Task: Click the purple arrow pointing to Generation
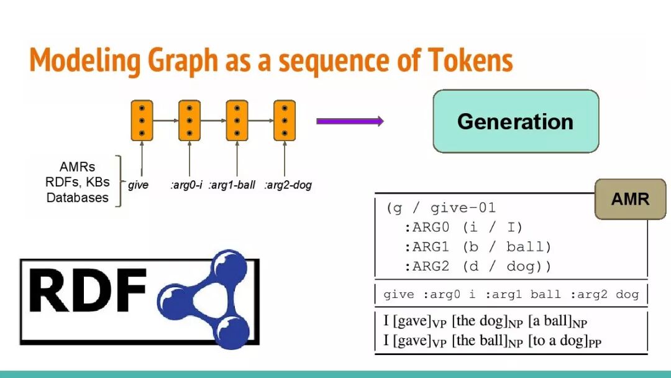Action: click(x=350, y=121)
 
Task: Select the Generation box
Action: click(x=515, y=121)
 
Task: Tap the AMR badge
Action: click(x=630, y=199)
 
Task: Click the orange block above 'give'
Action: click(x=142, y=120)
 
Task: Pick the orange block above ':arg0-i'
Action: click(x=189, y=120)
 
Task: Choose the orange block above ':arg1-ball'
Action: click(x=237, y=120)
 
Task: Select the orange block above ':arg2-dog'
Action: click(x=285, y=120)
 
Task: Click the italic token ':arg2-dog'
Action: click(x=288, y=185)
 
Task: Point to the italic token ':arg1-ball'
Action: click(x=232, y=185)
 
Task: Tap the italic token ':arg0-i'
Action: click(x=186, y=185)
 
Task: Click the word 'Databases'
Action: click(x=78, y=198)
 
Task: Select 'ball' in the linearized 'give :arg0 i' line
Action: click(x=545, y=294)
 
